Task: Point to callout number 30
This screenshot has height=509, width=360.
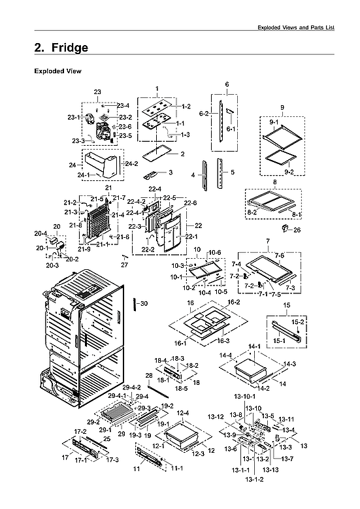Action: (144, 304)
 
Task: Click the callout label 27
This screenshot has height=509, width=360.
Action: (125, 265)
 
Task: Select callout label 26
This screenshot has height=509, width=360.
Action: (297, 230)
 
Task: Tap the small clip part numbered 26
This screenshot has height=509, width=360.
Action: (285, 229)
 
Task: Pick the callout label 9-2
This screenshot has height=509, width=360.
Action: (287, 172)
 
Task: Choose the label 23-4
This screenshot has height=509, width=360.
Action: (123, 106)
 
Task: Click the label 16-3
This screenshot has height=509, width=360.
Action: (222, 340)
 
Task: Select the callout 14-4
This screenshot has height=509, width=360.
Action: (226, 355)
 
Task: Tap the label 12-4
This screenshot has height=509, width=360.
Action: (182, 413)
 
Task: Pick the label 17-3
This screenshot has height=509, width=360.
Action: (112, 460)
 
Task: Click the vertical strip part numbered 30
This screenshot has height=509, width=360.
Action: (135, 305)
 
